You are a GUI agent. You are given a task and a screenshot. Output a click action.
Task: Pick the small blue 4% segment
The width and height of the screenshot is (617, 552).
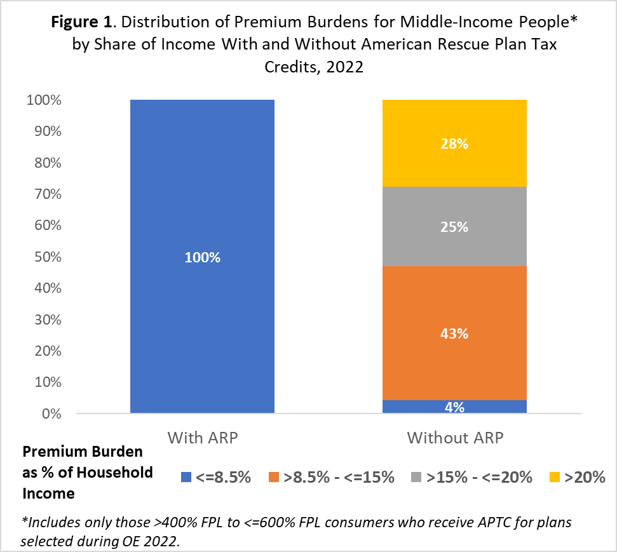tap(454, 407)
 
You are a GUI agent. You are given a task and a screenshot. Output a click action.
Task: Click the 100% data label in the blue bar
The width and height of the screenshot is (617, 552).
tap(202, 258)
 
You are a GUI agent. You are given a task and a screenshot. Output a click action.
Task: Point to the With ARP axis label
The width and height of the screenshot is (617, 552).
tap(202, 438)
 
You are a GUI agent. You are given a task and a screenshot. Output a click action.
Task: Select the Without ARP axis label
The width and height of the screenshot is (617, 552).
tap(454, 438)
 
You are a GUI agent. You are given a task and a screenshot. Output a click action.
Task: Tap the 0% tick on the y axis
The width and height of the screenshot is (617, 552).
tap(51, 414)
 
